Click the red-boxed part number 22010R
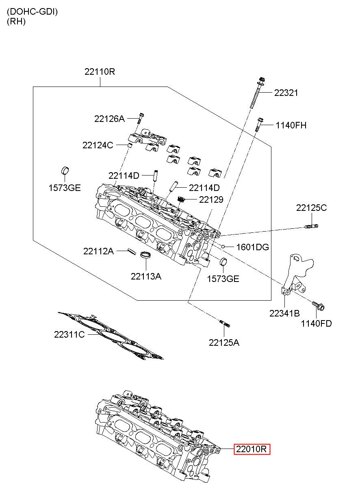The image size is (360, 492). point(252,449)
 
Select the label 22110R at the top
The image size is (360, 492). point(100,72)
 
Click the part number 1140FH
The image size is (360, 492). point(291,126)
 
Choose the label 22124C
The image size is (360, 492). point(98,145)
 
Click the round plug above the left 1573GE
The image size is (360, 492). point(65,171)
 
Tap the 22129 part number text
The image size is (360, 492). point(211,199)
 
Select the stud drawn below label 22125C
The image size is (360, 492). point(312,226)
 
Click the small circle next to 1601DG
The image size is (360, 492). point(223,247)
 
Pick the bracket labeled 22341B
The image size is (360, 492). point(297,274)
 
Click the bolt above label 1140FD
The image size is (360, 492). point(318,306)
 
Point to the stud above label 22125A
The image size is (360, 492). point(224,323)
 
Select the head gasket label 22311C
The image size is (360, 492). point(69,334)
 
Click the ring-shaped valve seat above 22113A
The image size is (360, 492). point(145,255)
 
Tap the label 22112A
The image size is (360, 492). point(98,251)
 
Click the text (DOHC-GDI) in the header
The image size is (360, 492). point(32,12)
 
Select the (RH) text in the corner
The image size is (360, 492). point(16,21)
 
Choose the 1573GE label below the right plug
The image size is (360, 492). point(223,279)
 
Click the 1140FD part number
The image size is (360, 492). point(316,323)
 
